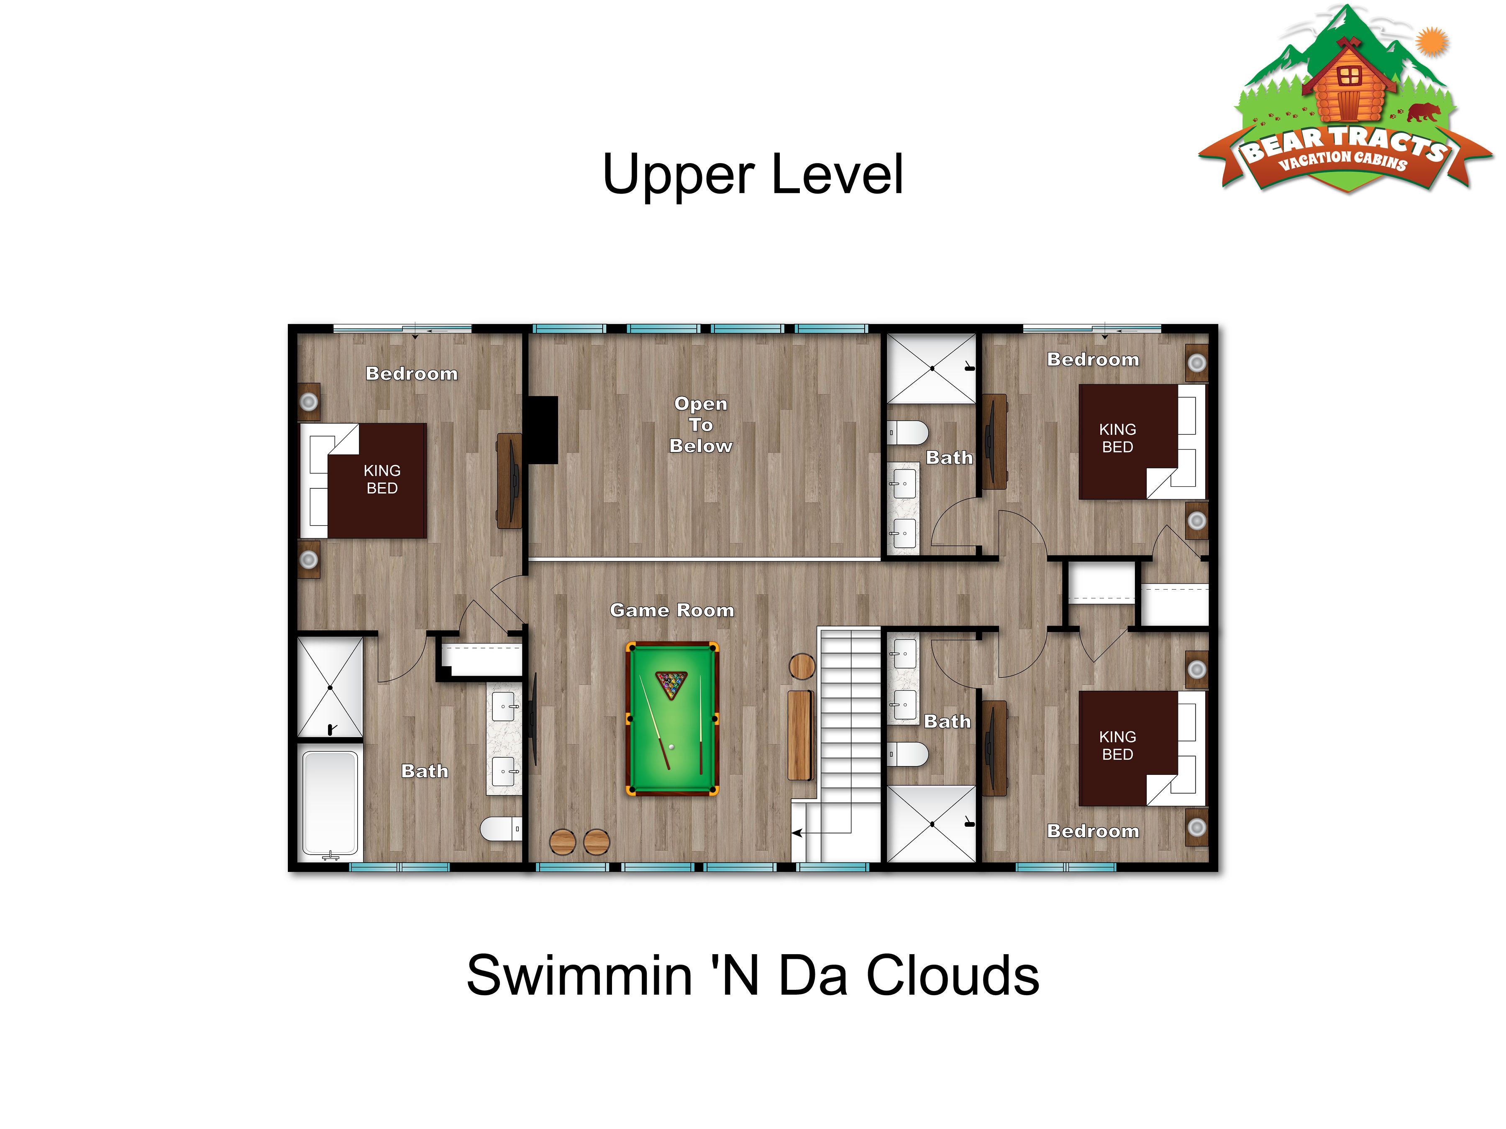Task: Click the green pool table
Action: point(672,719)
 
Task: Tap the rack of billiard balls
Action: point(671,685)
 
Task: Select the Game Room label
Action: point(672,610)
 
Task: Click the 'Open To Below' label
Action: point(701,425)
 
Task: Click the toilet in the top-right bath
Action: point(907,432)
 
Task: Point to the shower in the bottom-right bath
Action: point(931,824)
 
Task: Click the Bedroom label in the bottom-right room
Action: point(1093,831)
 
